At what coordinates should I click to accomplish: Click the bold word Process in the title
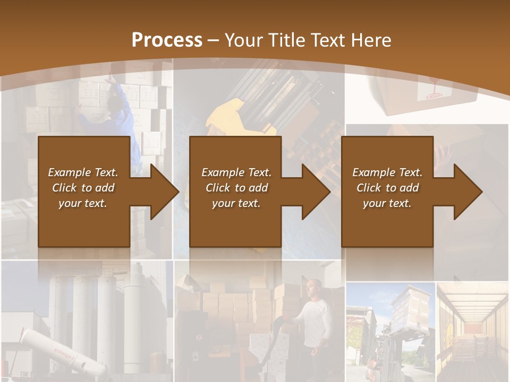pos(167,40)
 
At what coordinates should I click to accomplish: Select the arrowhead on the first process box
pos(159,192)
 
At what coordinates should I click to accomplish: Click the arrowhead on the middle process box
pos(311,192)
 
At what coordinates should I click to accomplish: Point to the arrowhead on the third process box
pos(463,192)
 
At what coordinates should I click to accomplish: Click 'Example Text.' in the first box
pos(83,172)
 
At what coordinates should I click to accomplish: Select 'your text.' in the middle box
pos(236,203)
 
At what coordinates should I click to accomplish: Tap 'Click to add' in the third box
pos(387,188)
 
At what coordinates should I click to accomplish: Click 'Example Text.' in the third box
pos(387,172)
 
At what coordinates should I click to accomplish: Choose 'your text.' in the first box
pos(83,203)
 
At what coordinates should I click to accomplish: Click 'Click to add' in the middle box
pos(236,188)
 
